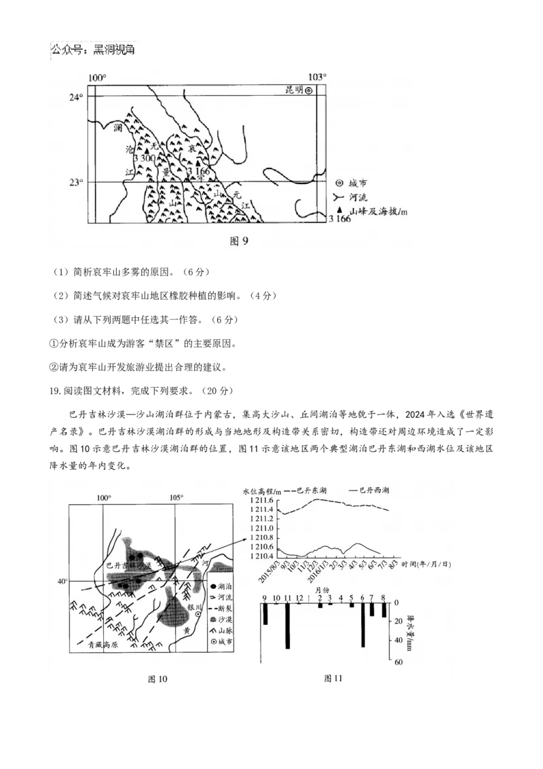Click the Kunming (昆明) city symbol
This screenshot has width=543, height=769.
[308, 90]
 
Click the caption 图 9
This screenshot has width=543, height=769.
[240, 241]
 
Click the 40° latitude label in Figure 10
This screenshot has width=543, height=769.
[62, 582]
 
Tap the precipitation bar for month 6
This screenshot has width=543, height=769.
[362, 624]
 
